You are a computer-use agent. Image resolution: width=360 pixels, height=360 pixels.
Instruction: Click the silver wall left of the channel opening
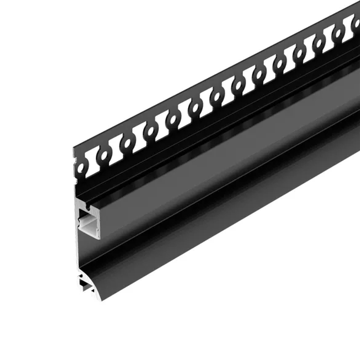[x=77, y=223]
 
